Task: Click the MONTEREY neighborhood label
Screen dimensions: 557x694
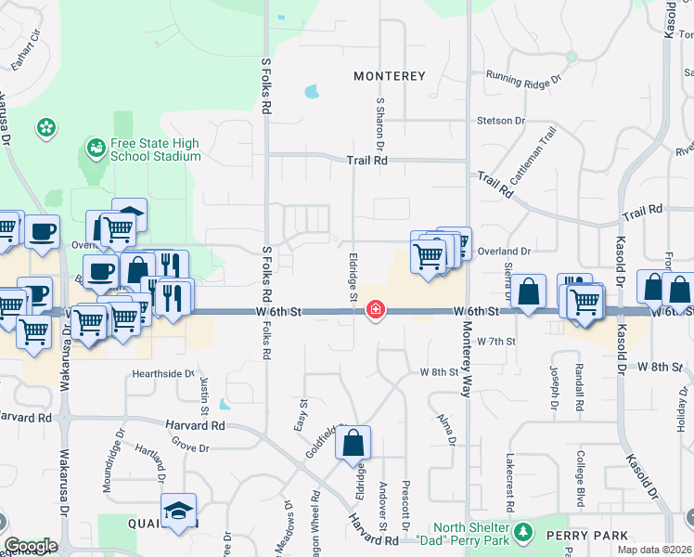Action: coord(389,76)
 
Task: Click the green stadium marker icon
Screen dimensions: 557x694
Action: coord(95,147)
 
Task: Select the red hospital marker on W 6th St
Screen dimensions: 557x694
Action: coord(376,309)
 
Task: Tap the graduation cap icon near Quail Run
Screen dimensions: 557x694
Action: coord(179,512)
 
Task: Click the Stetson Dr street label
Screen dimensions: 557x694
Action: coord(501,121)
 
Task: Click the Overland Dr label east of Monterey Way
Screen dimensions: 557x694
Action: coord(505,251)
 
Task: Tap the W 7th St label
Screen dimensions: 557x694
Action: coord(495,342)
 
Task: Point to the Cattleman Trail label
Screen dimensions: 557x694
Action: coord(530,175)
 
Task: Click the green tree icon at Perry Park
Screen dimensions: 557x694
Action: coord(525,531)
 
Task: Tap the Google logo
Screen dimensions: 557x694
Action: coord(31,546)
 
